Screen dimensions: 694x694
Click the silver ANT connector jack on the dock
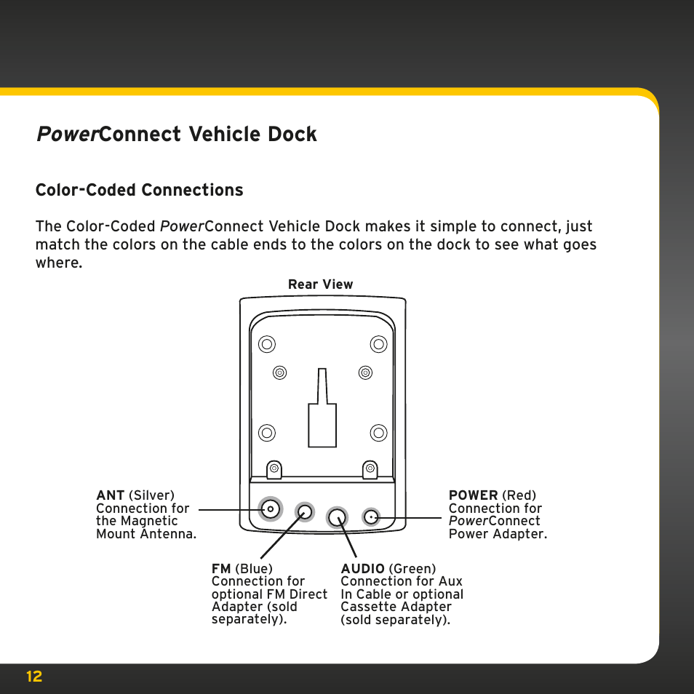coord(271,509)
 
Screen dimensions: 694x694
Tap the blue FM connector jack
coord(306,512)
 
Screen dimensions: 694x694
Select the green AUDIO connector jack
coord(337,517)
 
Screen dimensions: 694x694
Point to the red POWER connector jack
coord(371,517)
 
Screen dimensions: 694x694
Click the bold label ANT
coord(111,496)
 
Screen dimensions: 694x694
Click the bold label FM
coord(221,569)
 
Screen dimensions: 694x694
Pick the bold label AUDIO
coord(362,569)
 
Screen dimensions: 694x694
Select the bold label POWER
coord(473,496)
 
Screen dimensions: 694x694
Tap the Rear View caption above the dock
coord(320,284)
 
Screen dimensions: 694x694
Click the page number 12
coord(34,677)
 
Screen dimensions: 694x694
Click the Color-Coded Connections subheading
coord(139,190)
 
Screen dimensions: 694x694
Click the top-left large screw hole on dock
coord(267,344)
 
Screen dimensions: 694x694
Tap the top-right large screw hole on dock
coord(378,344)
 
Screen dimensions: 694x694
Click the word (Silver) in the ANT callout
coord(151,496)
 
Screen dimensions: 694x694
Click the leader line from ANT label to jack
coord(229,509)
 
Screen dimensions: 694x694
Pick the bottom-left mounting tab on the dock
coord(274,469)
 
